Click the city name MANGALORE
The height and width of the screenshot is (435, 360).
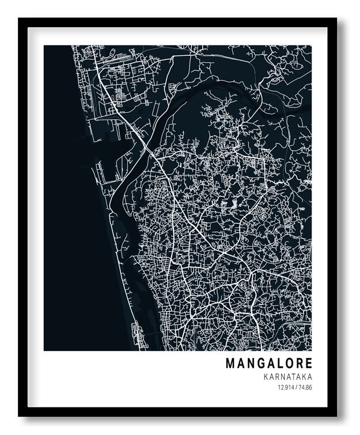(269, 364)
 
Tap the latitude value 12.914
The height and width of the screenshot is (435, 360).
(285, 387)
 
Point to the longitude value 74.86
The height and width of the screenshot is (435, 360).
(305, 387)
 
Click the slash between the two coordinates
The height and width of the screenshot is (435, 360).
(295, 387)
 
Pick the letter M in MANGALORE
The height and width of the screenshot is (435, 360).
(230, 364)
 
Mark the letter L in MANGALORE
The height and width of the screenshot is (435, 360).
(280, 364)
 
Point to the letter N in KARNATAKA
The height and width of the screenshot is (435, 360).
(279, 377)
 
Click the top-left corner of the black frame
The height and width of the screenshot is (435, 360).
(20, 19)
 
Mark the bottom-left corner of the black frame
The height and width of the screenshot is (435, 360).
(20, 415)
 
